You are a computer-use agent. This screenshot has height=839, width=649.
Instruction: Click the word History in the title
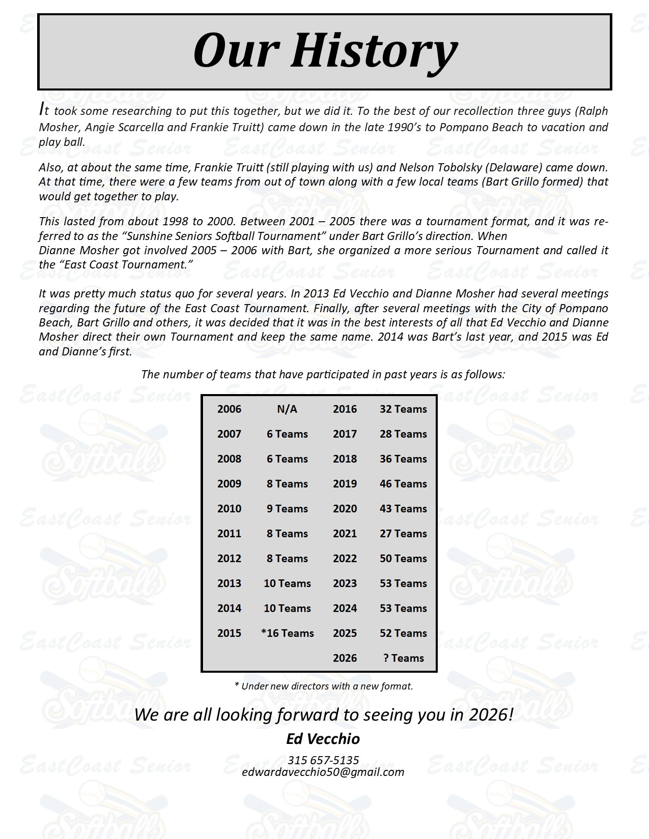coord(374,51)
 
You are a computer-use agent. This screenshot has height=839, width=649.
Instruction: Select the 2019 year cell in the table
coord(345,484)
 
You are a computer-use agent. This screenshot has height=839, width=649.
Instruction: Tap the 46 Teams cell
coord(403,484)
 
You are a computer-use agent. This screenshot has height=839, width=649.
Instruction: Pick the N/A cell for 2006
coord(287,409)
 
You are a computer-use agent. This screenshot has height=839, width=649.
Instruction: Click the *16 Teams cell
coord(287,634)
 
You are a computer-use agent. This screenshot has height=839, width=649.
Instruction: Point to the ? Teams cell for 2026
coord(403,658)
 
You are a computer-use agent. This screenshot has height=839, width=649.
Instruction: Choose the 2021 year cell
coord(345,534)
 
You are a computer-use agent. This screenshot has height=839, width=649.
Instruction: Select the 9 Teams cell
coord(287,509)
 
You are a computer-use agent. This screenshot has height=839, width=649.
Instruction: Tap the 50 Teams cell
coord(403,559)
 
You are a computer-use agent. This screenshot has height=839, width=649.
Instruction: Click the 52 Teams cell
coord(403,634)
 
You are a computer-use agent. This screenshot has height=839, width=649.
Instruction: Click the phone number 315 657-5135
coord(323,760)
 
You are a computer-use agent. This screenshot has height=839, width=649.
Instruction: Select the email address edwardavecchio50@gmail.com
coord(323,772)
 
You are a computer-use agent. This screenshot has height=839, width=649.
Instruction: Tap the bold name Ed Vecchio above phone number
coord(323,739)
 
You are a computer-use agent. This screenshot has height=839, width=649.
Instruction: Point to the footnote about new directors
coord(323,686)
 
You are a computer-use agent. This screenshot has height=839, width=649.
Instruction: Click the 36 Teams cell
coord(403,459)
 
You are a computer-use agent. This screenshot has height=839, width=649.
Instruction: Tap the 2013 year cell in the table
coord(229,584)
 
